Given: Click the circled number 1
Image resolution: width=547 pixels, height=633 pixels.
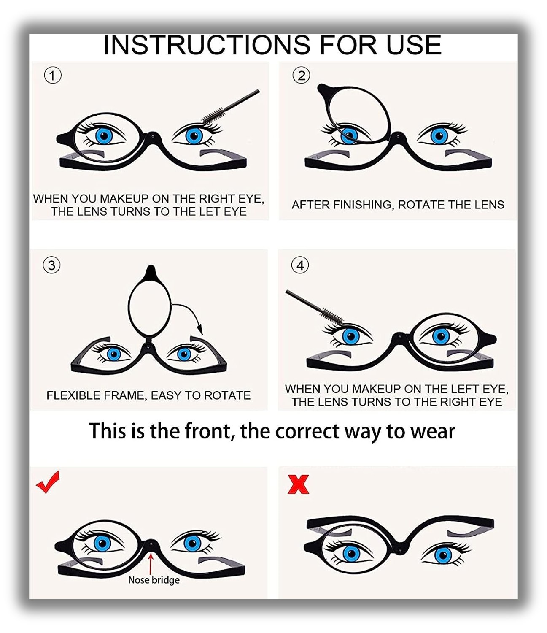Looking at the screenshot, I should [53, 76].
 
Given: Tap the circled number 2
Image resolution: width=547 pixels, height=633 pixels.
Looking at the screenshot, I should [301, 76].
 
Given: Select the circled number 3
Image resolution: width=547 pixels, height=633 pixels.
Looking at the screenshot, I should [51, 265].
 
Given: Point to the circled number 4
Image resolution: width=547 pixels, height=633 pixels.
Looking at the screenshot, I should [300, 265].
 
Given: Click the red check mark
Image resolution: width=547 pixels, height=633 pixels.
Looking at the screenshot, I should [48, 482].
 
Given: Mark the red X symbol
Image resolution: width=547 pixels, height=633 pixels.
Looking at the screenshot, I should [298, 484].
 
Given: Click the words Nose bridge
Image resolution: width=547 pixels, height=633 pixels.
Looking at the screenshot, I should [154, 580].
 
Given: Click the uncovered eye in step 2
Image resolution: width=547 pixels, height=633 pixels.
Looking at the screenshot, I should [439, 136].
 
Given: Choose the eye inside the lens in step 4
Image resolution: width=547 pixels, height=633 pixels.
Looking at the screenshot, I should [441, 336].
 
